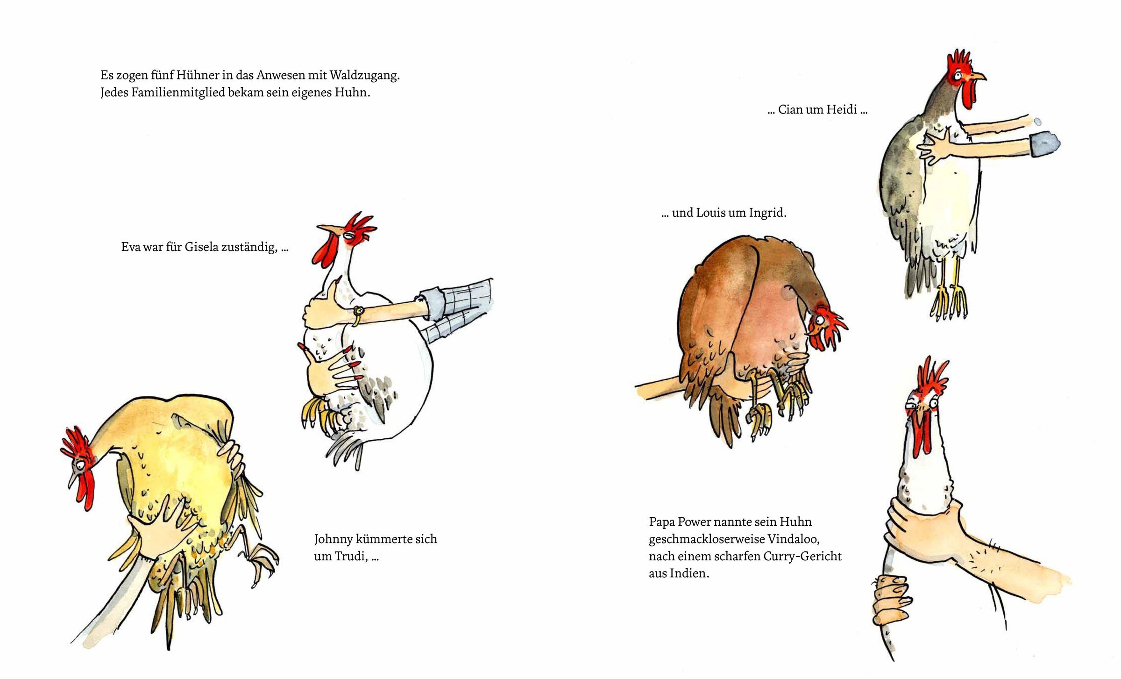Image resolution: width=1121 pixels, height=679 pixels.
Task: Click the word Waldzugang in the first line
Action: [365, 76]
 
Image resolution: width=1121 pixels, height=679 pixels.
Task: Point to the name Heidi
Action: [842, 109]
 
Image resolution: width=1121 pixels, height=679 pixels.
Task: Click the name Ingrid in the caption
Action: [768, 213]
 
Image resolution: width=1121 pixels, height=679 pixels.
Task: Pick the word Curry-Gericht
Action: [802, 557]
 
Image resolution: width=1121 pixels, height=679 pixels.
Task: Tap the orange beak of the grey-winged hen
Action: [978, 76]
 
